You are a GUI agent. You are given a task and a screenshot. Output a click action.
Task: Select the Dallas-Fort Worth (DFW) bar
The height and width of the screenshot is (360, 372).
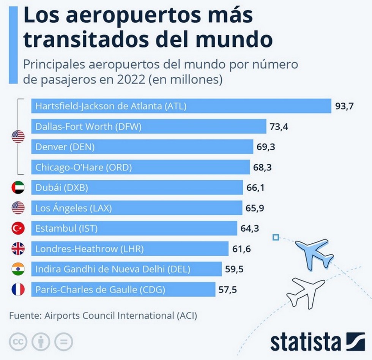click(148, 126)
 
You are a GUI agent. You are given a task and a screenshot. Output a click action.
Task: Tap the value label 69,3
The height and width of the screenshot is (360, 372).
click(266, 147)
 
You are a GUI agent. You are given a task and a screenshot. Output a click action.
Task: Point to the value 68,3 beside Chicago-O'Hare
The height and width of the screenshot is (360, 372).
click(263, 167)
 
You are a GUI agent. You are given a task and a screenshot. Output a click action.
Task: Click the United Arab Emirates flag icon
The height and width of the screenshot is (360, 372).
click(18, 188)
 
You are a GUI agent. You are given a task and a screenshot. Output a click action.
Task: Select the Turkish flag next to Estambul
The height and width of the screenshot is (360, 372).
click(18, 228)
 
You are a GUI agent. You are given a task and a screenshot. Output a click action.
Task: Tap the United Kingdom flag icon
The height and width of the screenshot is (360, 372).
click(18, 249)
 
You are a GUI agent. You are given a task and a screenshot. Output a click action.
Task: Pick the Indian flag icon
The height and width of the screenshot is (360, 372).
click(18, 269)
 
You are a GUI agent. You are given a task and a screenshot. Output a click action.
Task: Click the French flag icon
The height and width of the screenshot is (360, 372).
click(18, 289)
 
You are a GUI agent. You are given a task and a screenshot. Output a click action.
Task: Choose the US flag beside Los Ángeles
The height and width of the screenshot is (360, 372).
click(18, 208)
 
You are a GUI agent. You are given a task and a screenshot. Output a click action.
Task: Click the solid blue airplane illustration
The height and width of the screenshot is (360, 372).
click(315, 252)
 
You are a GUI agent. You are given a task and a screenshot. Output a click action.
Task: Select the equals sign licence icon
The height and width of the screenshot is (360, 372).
click(63, 342)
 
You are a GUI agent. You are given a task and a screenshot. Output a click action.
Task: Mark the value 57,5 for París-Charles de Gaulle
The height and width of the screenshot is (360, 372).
click(228, 290)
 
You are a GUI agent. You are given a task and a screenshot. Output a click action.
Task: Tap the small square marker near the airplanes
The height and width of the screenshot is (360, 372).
click(276, 237)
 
